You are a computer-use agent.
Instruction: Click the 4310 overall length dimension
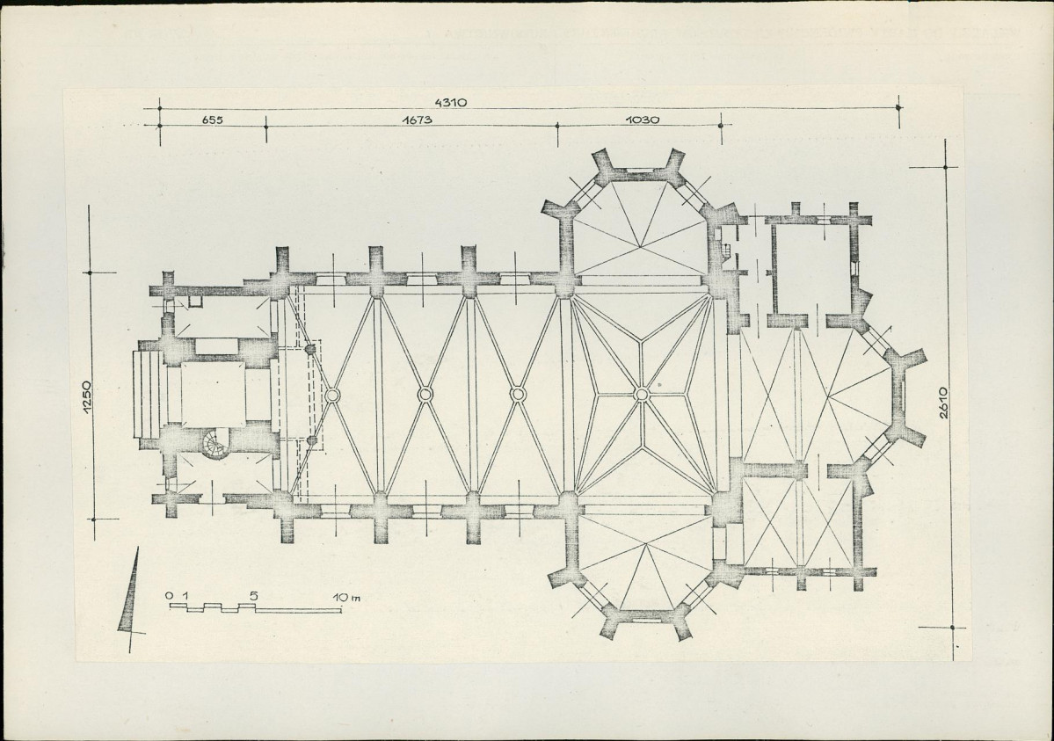click(x=450, y=103)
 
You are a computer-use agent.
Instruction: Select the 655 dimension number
click(x=212, y=120)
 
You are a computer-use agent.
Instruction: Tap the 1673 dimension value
click(x=417, y=120)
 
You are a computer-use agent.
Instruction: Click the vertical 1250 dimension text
click(x=86, y=399)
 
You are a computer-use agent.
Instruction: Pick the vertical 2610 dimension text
click(x=944, y=403)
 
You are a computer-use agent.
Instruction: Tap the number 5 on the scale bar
click(x=253, y=597)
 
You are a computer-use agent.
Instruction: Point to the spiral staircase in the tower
click(x=216, y=443)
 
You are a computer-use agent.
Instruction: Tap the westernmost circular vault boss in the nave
click(x=331, y=395)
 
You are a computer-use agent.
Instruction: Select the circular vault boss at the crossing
click(x=641, y=394)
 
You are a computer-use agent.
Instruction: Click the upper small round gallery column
click(x=310, y=350)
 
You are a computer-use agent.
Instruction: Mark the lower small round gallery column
click(x=311, y=440)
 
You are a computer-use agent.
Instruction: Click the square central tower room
click(x=213, y=394)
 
